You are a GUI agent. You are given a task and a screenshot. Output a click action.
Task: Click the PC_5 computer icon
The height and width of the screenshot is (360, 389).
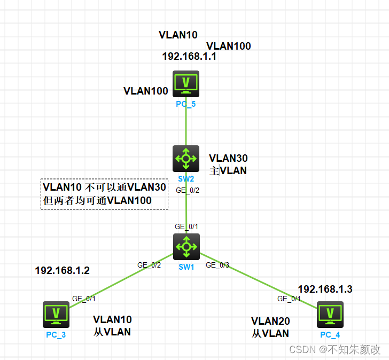186,83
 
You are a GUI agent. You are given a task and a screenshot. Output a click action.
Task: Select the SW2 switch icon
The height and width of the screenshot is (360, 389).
186,158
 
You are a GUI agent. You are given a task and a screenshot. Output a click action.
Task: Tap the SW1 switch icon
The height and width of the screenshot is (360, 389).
186,246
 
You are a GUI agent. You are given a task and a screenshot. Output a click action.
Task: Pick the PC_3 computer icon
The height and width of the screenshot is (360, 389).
56,314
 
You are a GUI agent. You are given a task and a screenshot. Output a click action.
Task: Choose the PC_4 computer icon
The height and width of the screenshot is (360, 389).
330,314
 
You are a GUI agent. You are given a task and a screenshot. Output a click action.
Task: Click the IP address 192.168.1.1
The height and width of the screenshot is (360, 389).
189,57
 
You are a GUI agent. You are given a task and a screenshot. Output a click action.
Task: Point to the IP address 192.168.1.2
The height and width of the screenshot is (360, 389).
62,271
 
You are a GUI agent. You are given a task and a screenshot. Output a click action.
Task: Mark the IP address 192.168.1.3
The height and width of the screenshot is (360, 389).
325,289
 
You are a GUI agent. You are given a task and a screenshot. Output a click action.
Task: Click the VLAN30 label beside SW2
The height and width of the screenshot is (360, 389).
228,159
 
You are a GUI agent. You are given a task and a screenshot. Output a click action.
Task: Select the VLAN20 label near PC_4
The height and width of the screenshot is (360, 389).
270,322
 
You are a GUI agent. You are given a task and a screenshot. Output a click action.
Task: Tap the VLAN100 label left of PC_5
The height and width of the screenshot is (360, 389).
146,91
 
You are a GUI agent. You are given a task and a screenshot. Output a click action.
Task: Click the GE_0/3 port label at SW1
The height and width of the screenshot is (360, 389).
217,265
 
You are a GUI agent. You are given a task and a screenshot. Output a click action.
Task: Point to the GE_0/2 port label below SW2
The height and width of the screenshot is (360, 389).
187,190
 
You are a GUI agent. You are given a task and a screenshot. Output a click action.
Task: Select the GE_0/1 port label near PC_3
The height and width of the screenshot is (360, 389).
84,299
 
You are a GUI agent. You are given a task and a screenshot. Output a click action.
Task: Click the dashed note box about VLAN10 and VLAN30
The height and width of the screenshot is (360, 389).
105,194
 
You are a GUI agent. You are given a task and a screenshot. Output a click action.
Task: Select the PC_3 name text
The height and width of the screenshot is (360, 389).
56,335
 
